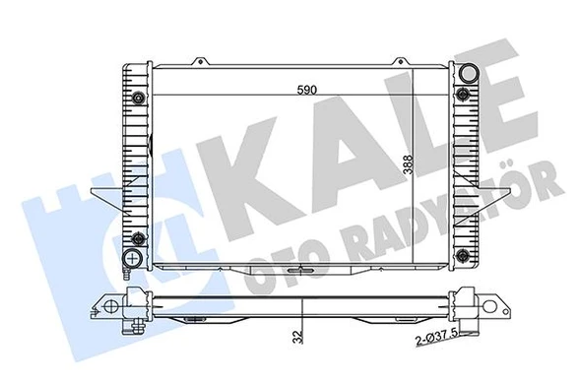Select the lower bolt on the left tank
tap(139, 236)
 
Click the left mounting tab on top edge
tap(199, 56)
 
